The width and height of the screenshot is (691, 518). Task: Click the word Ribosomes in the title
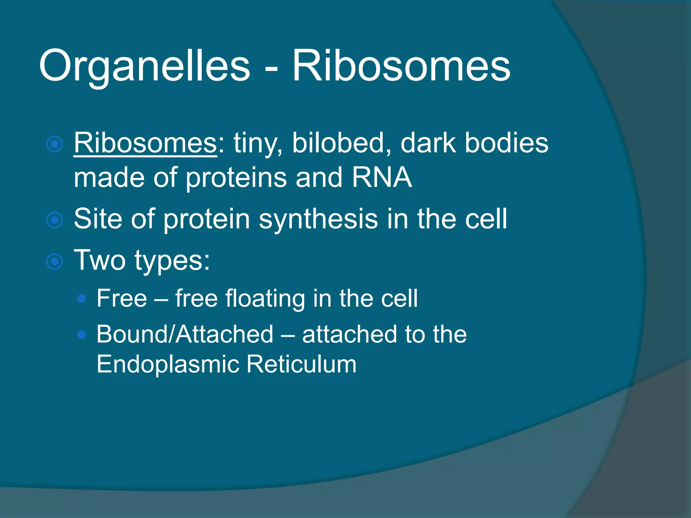coord(401,66)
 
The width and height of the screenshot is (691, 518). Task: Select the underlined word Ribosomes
coord(145,143)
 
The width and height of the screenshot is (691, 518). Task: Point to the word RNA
coord(381,177)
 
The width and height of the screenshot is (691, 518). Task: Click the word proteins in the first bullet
coord(236,178)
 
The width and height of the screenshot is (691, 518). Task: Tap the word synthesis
coord(318,219)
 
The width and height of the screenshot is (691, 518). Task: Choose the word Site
coord(98,219)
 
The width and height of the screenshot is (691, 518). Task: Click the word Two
coord(100,260)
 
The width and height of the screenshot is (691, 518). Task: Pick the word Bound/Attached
coord(185,334)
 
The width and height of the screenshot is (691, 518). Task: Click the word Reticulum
coord(301,364)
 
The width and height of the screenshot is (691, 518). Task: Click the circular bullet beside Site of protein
coord(55,220)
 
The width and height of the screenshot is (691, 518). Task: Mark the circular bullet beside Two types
coord(55,262)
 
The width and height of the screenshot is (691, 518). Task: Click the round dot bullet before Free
coord(82,298)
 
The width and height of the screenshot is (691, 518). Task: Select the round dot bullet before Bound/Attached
coord(82,334)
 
